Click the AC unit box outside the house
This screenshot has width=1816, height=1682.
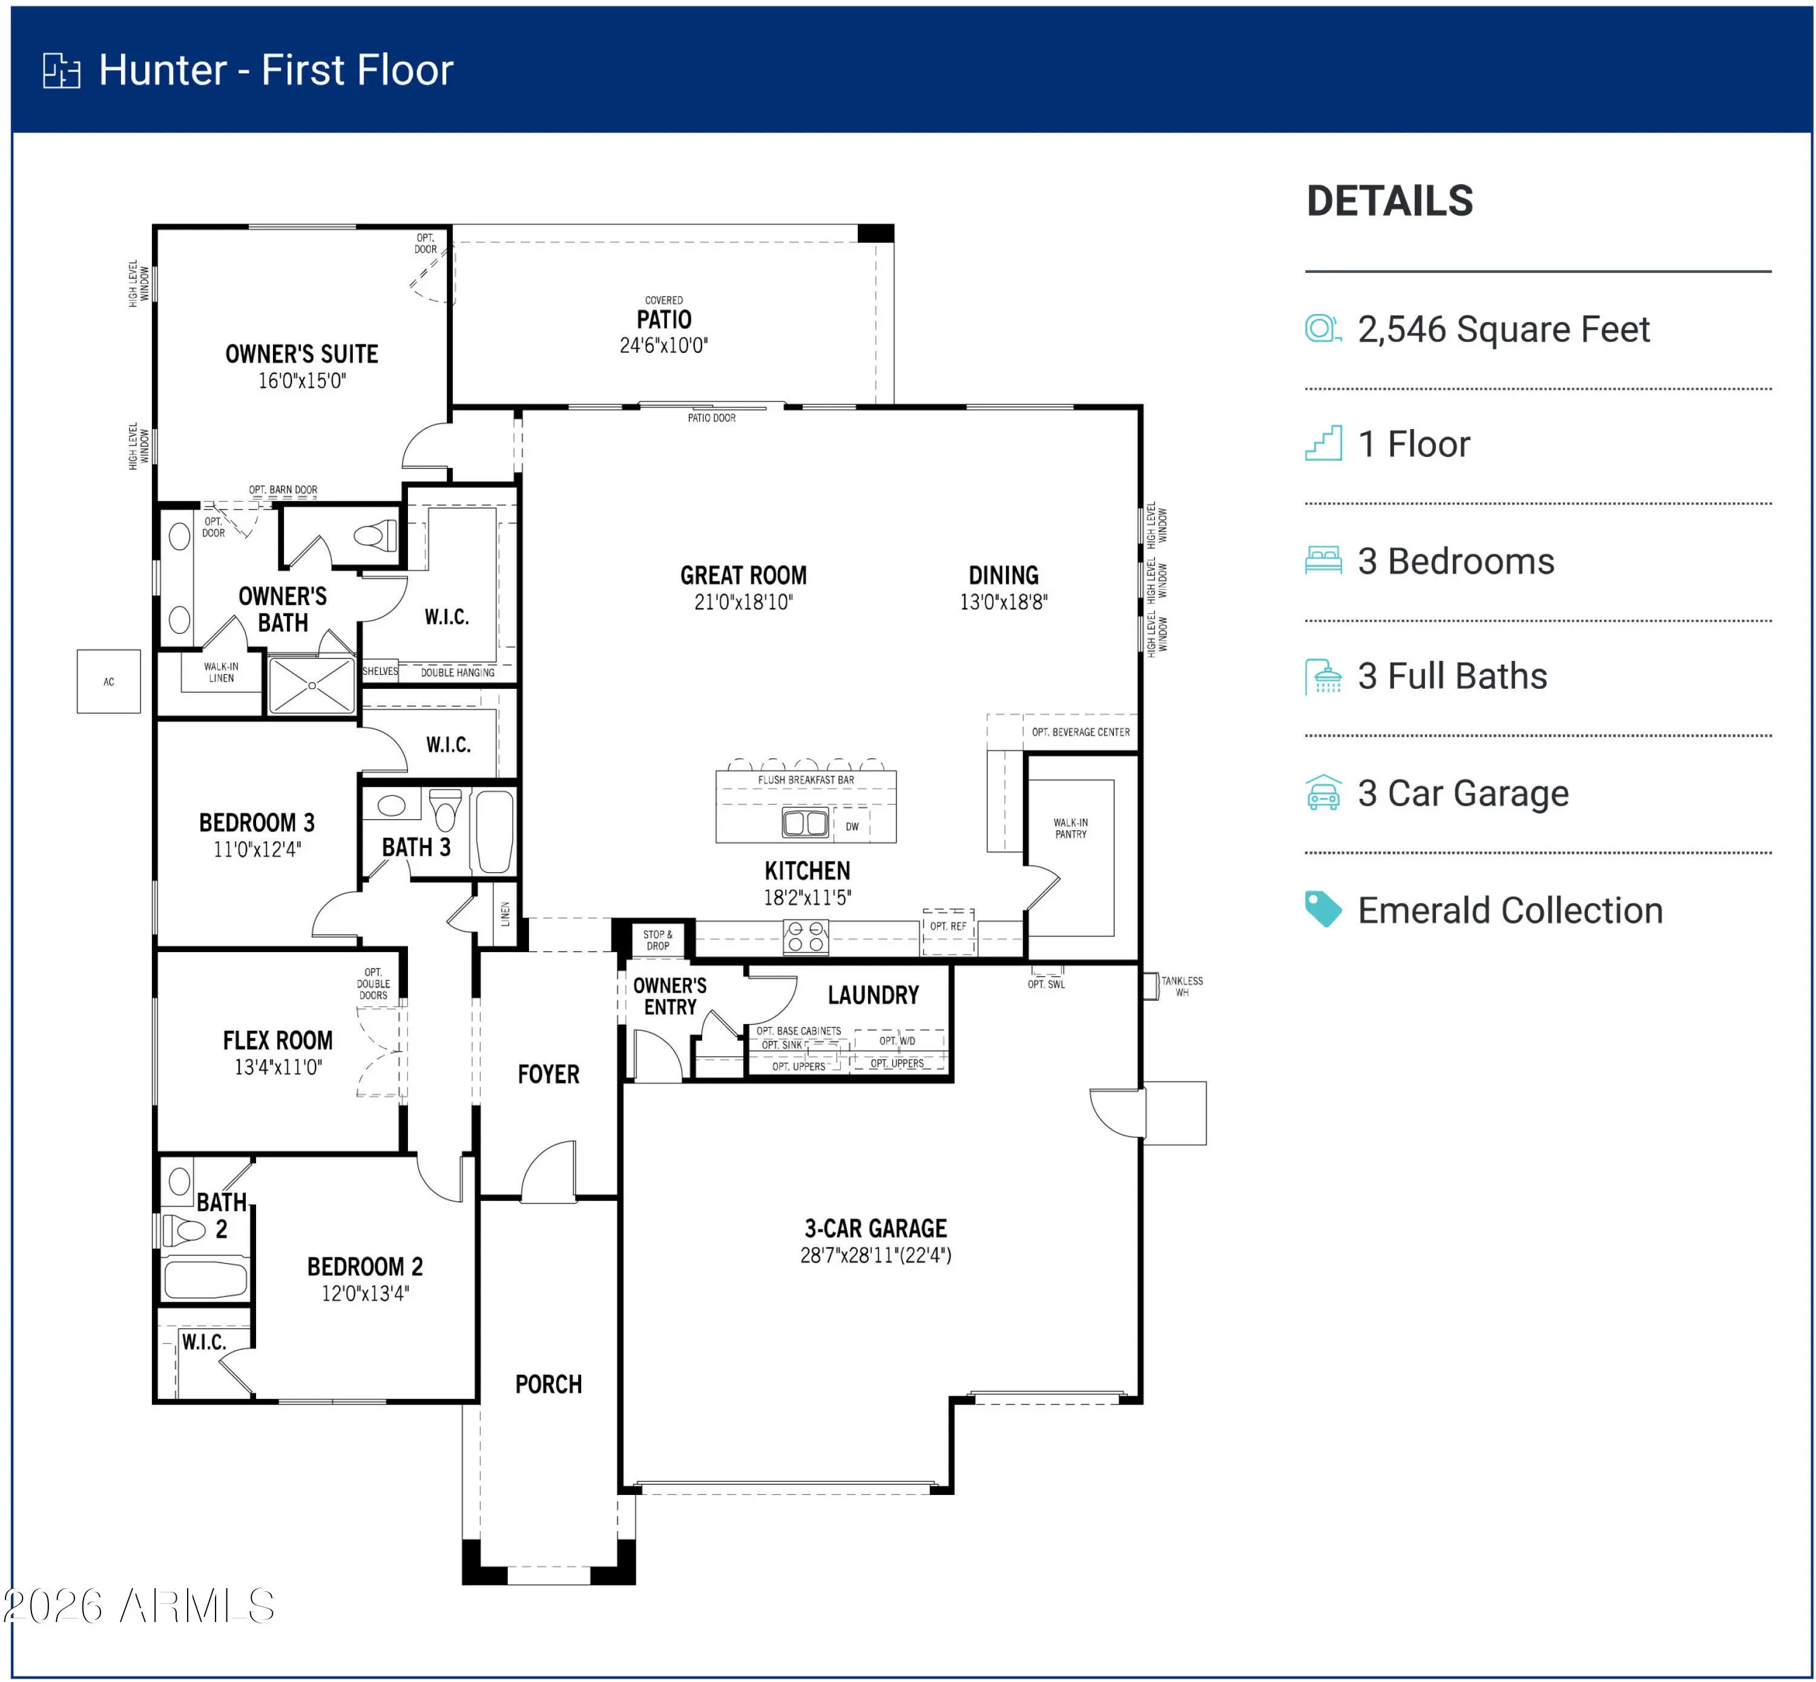108,681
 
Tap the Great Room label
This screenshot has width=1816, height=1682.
743,575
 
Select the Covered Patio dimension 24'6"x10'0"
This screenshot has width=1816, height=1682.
663,345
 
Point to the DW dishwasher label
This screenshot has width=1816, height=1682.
852,826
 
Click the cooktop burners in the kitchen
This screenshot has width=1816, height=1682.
806,936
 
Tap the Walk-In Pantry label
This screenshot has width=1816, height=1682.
1070,827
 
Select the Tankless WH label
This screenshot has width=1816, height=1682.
1182,986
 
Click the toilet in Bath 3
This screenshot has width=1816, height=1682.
445,807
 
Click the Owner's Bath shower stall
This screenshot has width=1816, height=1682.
311,685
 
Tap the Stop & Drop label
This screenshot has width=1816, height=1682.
657,939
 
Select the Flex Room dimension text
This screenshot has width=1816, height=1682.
278,1066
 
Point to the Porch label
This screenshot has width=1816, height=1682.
548,1384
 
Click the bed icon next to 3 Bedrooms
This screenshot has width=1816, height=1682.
1323,560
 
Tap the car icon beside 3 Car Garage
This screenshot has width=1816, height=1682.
1323,792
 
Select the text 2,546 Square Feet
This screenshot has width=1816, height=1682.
1503,329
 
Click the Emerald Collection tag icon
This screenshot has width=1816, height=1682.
1323,909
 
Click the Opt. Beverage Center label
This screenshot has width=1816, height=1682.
1081,732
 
